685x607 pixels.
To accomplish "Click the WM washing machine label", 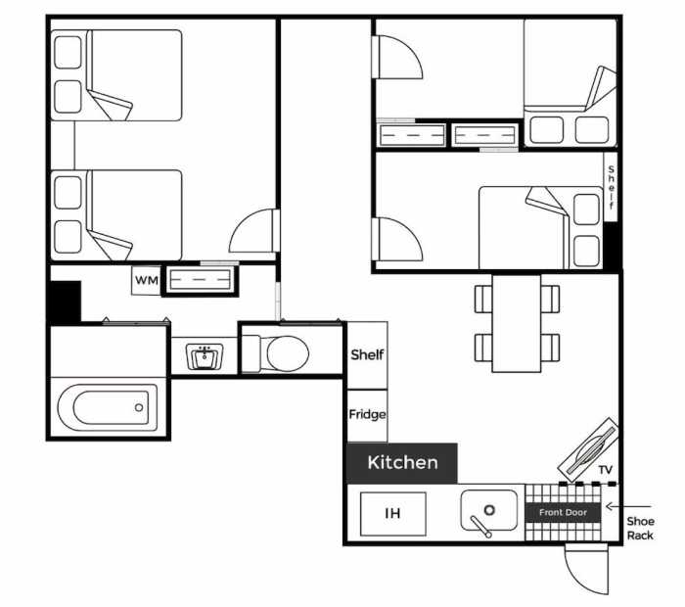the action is tap(147, 280).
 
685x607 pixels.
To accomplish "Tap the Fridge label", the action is tap(367, 414).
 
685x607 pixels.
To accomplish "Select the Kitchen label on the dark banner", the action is tap(402, 462).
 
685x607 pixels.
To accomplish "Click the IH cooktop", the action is tap(392, 513).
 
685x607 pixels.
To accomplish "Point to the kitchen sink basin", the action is tap(489, 510).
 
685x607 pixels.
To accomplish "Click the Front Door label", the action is tap(563, 512).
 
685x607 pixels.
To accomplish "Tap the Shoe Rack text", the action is tap(640, 528).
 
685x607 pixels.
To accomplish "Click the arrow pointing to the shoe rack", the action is tap(628, 506).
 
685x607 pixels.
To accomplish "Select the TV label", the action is tap(605, 470).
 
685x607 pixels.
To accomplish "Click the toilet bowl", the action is tap(288, 353).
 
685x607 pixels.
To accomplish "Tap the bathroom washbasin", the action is tap(205, 356).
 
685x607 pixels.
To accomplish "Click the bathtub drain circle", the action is tap(139, 407).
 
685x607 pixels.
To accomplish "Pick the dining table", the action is tap(517, 323).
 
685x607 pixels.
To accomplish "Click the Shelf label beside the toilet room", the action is tap(367, 354).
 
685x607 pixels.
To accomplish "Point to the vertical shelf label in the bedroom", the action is tap(611, 187).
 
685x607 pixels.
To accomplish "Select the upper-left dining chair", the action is tap(483, 299).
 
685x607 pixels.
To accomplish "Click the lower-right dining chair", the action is tap(550, 348).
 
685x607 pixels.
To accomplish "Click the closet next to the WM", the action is tap(200, 280).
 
